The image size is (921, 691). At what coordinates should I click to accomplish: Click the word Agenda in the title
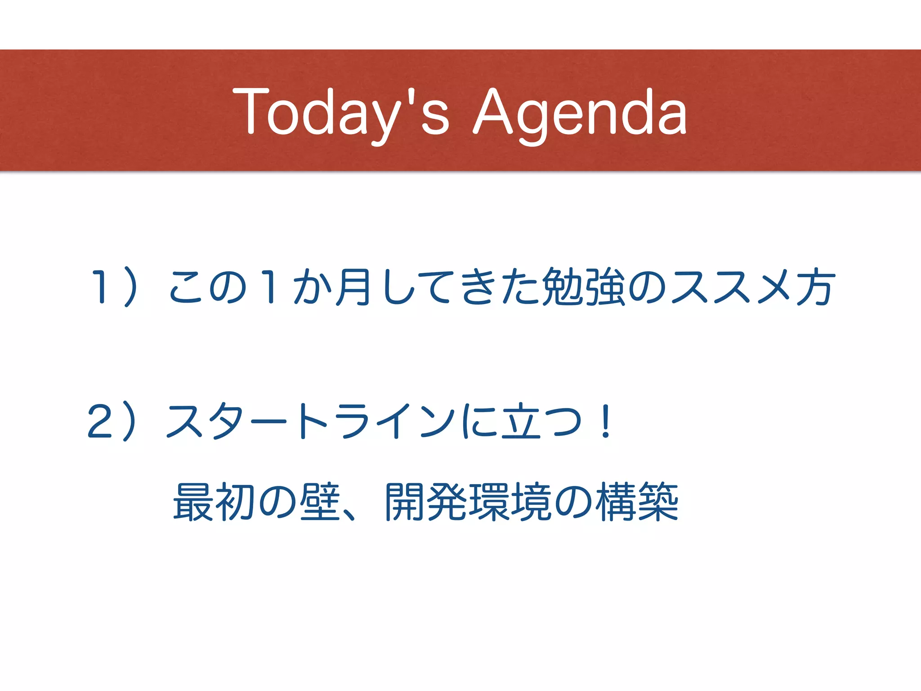click(x=580, y=112)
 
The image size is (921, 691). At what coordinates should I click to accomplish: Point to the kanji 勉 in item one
click(x=562, y=287)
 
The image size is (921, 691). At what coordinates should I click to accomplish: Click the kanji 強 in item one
click(x=605, y=287)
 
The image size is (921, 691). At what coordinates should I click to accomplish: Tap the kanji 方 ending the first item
click(x=816, y=287)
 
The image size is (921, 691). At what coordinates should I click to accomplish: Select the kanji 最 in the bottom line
click(x=193, y=502)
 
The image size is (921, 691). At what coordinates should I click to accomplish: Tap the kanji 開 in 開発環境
click(x=405, y=502)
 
